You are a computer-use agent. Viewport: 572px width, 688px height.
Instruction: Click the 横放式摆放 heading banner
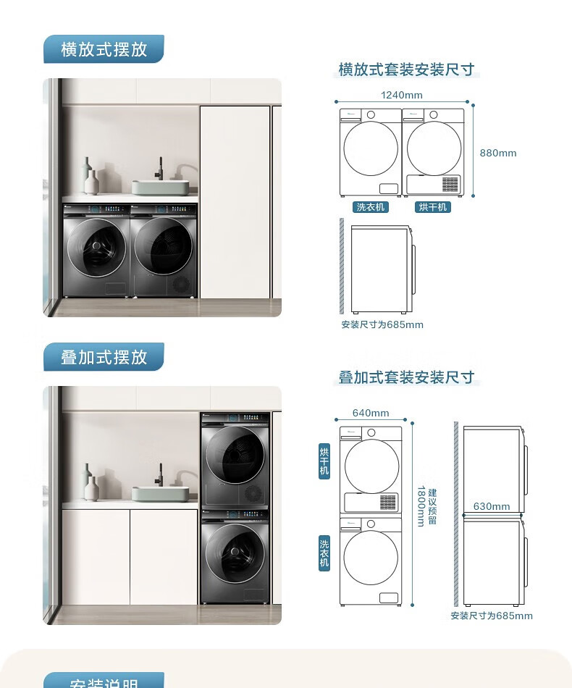104,49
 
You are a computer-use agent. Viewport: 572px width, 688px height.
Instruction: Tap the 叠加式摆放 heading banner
104,357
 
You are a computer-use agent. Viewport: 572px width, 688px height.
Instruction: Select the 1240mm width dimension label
401,95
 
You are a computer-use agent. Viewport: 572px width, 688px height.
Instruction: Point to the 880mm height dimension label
498,153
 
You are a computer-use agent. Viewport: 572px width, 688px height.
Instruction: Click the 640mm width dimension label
371,413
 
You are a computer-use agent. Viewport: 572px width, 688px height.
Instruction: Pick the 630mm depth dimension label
492,506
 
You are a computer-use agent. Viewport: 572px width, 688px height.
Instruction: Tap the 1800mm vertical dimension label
421,506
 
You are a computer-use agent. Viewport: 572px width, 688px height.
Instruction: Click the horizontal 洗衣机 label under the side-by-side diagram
371,207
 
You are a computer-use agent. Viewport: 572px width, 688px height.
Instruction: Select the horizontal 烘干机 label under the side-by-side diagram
433,207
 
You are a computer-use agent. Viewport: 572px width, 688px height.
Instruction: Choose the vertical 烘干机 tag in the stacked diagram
324,461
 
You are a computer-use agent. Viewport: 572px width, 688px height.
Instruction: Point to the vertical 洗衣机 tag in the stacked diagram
324,553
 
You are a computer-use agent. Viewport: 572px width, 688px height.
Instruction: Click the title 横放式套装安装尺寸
406,70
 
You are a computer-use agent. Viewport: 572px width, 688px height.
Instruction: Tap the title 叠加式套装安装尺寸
406,377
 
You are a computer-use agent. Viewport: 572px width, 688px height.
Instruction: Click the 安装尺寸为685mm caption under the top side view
382,324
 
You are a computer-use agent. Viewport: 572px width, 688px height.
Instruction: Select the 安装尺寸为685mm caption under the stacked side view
492,616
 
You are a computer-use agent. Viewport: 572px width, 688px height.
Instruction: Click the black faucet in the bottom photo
160,474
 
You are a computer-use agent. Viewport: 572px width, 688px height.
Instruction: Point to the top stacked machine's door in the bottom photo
233,456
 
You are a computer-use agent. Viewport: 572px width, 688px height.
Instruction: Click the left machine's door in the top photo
96,247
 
